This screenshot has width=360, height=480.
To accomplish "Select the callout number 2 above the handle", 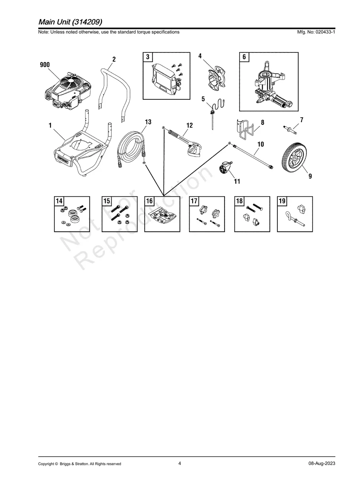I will (114, 59).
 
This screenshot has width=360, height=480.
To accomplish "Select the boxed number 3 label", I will (147, 57).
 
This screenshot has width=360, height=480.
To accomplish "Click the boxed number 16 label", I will (149, 201).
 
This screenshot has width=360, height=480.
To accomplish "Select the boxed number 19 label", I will (282, 201).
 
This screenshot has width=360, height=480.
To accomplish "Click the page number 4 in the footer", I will (180, 463).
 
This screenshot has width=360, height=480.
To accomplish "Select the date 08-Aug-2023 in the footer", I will (321, 464).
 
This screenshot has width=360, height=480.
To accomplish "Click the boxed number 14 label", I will (59, 201).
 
